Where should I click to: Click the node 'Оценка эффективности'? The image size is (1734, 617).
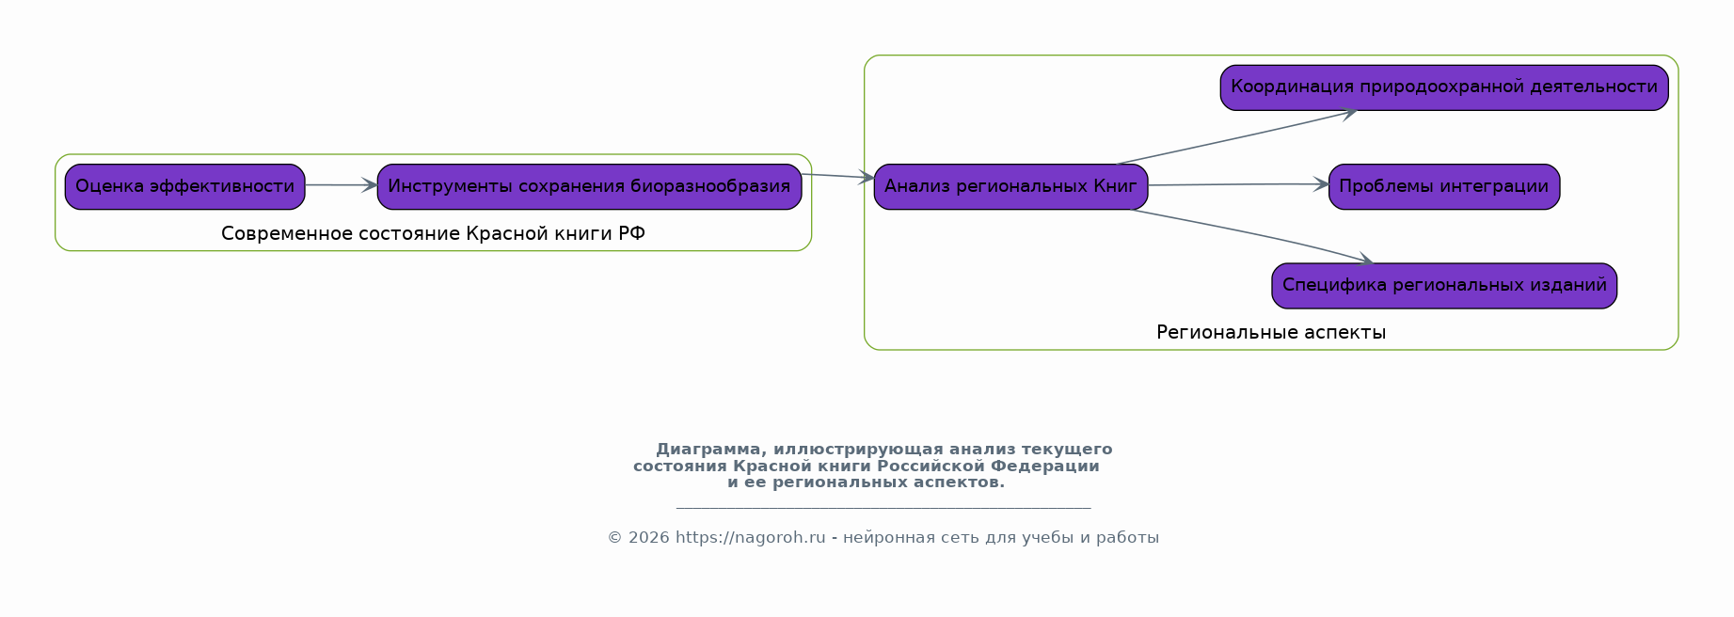click(x=184, y=186)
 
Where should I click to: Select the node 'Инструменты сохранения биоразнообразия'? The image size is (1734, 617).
click(x=589, y=186)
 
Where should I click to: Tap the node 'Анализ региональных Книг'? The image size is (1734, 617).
click(x=1010, y=186)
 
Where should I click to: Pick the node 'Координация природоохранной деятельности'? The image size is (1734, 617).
click(x=1444, y=87)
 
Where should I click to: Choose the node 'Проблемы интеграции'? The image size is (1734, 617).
click(x=1444, y=186)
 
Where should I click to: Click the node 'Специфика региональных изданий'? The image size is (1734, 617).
click(x=1444, y=286)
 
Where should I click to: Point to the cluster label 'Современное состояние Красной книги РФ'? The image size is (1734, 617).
click(x=433, y=233)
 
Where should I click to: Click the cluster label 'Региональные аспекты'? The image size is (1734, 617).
click(x=1271, y=332)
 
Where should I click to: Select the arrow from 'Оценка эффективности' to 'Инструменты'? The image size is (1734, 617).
click(x=341, y=185)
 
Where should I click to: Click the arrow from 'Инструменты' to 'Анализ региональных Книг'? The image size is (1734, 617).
click(x=837, y=176)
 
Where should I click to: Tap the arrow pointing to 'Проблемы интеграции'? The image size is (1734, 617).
click(x=1238, y=184)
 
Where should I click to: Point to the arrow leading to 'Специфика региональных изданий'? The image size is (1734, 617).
click(x=1251, y=234)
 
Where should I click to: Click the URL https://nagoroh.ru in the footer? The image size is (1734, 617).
click(x=750, y=538)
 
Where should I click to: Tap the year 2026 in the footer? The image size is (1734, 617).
click(x=648, y=538)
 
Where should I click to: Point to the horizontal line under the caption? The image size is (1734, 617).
click(x=883, y=508)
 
